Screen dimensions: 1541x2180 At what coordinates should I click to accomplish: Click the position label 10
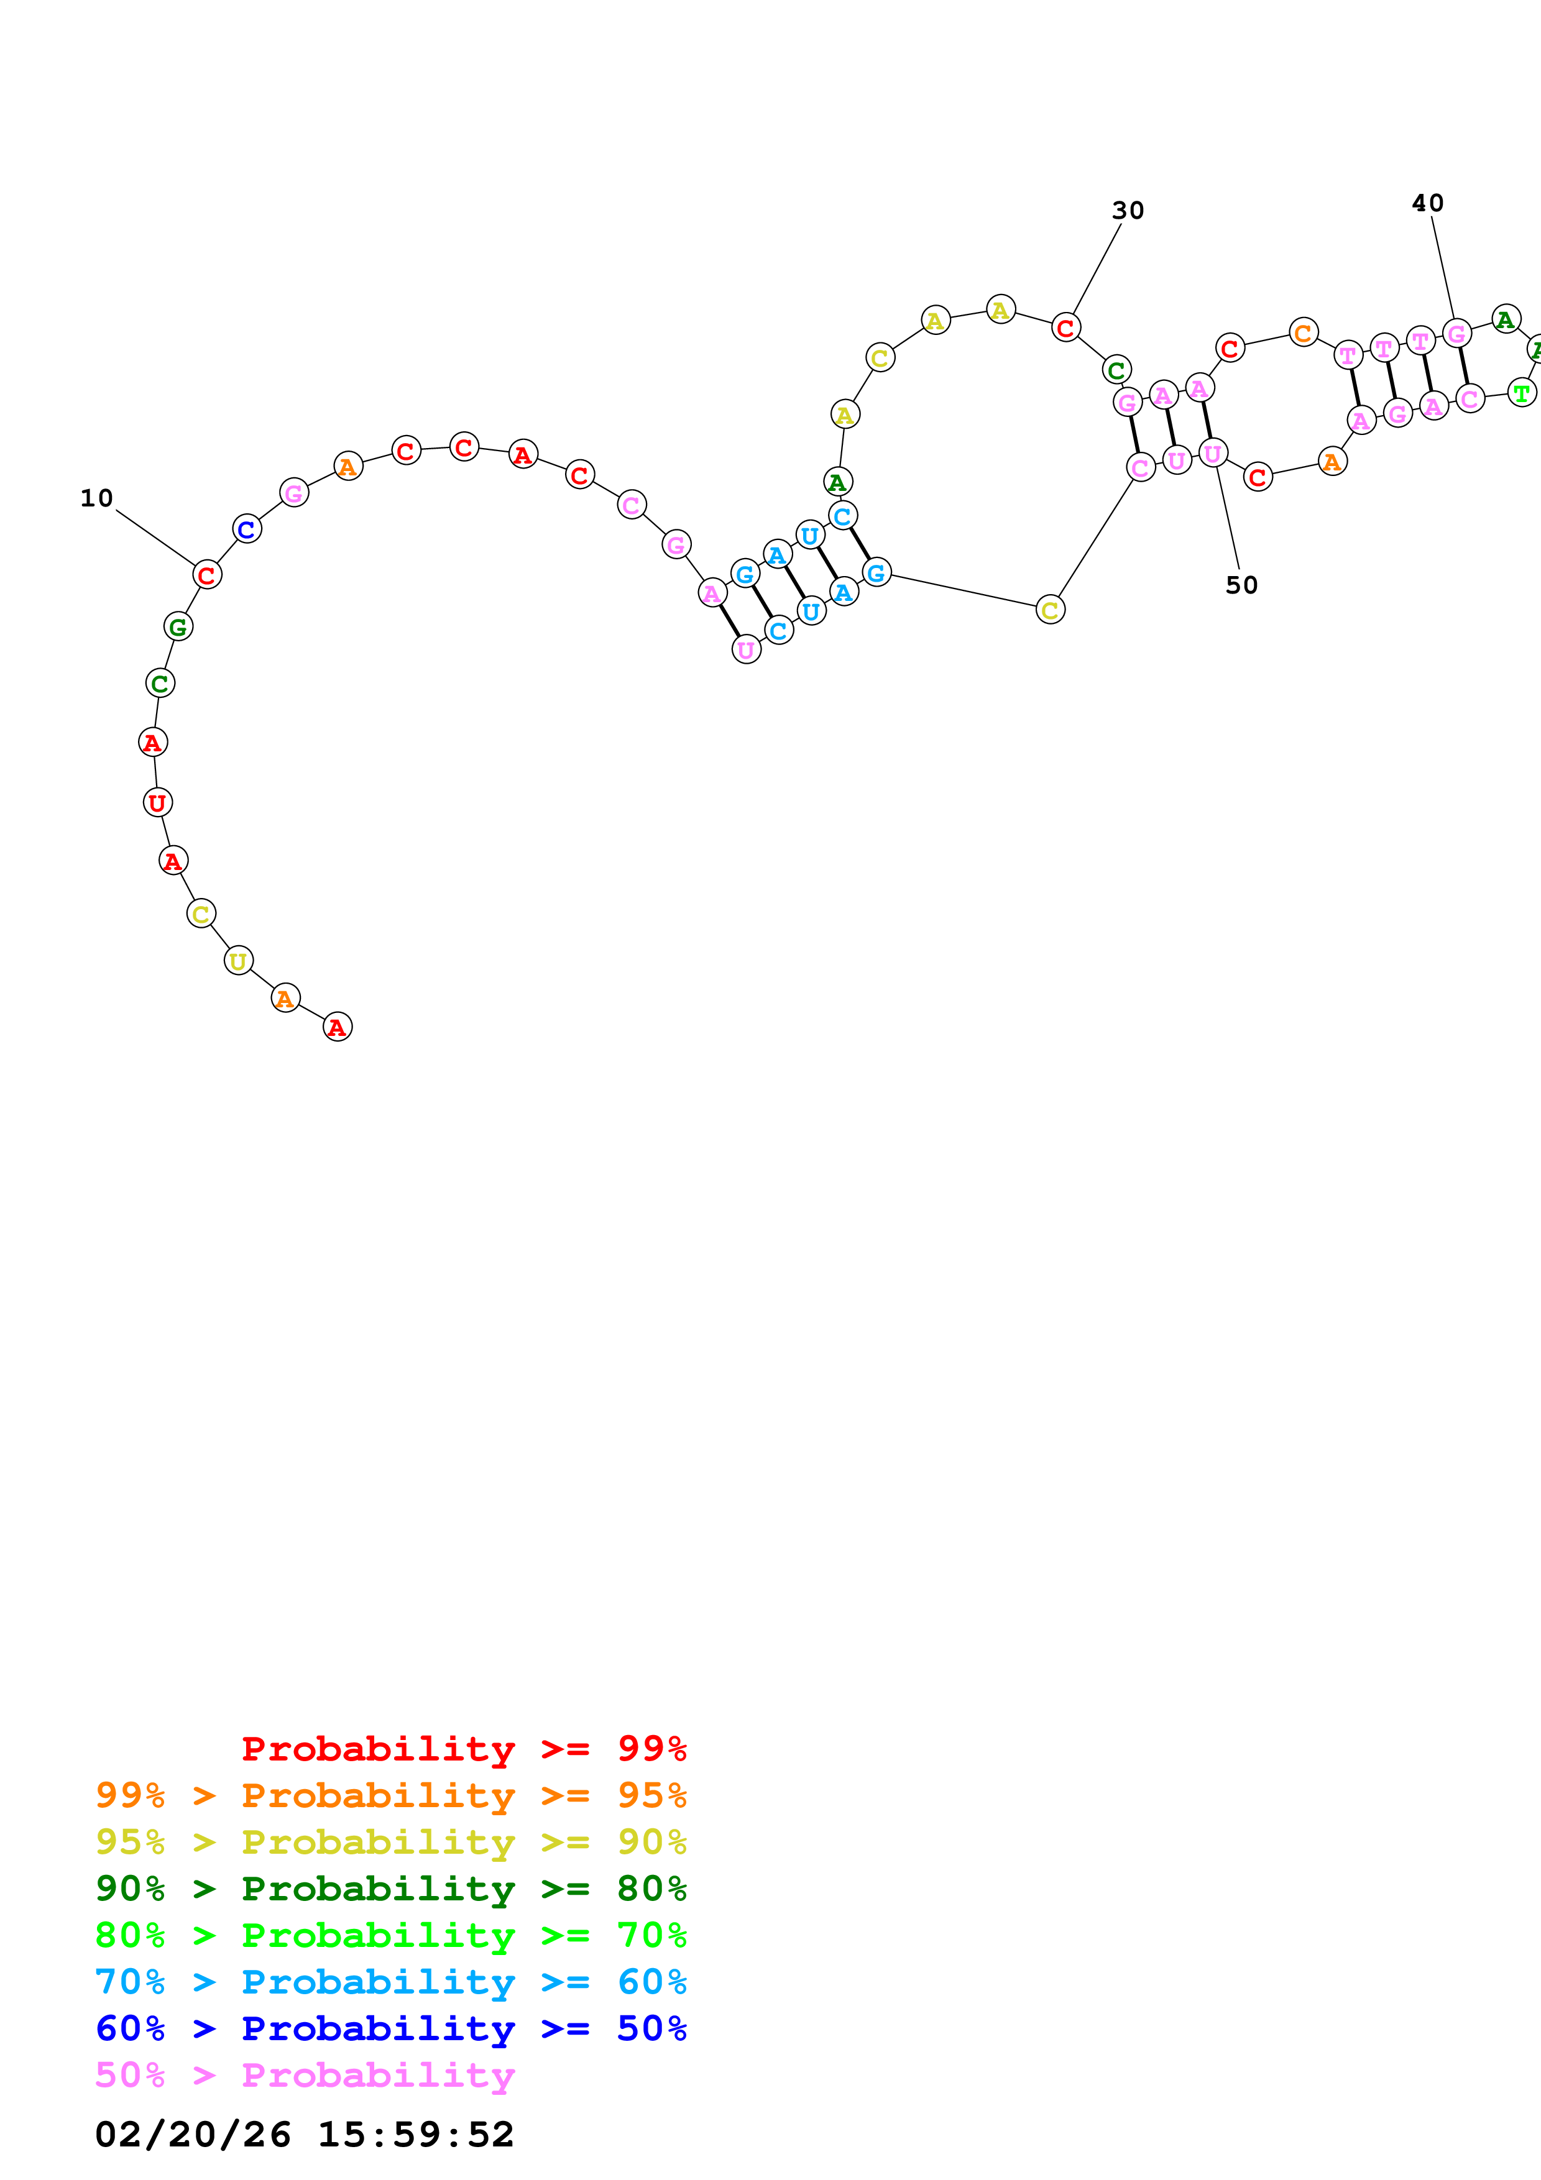(x=96, y=498)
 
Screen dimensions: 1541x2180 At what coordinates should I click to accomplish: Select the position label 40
(x=1427, y=203)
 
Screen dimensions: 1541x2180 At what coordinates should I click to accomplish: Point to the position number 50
(x=1241, y=585)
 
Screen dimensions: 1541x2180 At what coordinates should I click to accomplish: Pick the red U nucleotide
(x=158, y=802)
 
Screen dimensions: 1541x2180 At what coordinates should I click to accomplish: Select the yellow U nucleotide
(x=238, y=961)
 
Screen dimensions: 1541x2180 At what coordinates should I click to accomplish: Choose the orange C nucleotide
(x=1304, y=332)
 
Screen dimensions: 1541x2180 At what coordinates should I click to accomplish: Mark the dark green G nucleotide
(x=178, y=626)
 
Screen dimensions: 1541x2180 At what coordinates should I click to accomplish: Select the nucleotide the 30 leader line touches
(x=1066, y=327)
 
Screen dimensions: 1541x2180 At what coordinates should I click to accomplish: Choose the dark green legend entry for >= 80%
(x=390, y=1889)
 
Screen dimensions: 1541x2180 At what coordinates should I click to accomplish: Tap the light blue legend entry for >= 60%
(x=390, y=1982)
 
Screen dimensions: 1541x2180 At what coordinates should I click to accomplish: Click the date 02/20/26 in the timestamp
(x=193, y=2135)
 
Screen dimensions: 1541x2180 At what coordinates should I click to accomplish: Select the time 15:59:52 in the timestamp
(x=415, y=2135)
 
